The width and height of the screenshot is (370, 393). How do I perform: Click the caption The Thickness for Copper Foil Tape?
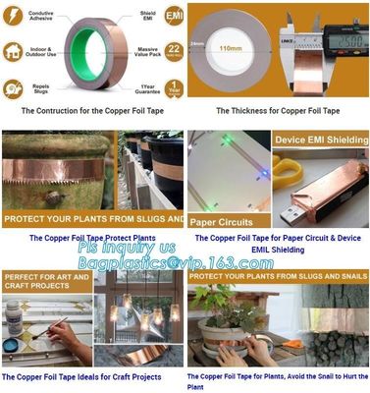click(x=278, y=111)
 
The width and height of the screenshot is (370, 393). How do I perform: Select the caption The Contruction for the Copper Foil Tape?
click(x=93, y=111)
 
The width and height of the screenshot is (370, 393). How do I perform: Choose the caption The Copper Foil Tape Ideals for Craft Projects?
click(x=81, y=376)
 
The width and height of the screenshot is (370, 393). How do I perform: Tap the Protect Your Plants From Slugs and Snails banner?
click(x=277, y=277)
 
